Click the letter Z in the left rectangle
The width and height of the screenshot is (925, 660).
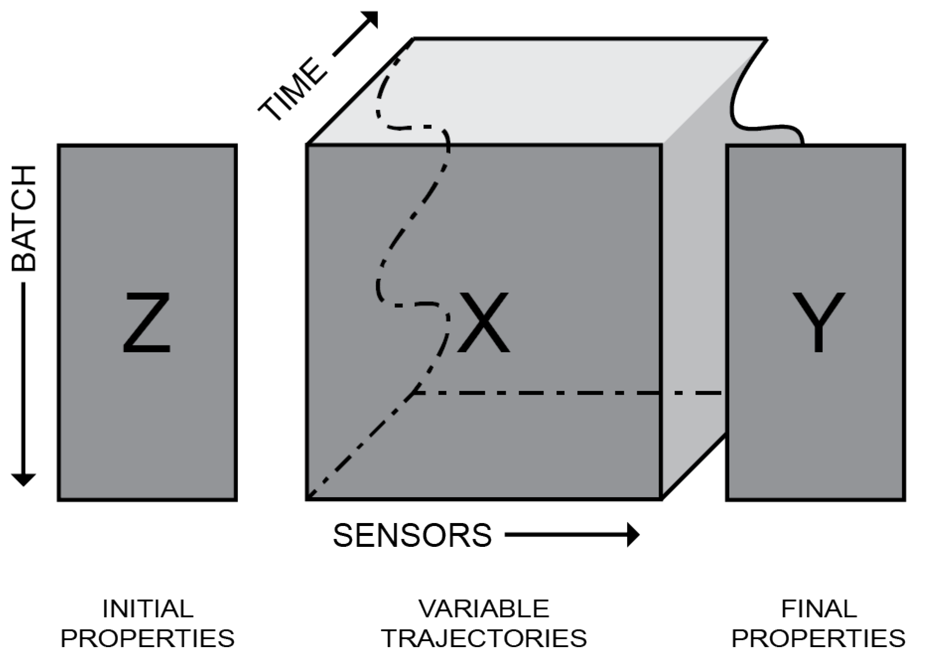(x=146, y=323)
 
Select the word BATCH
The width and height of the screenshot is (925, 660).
(x=24, y=218)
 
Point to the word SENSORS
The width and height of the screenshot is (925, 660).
(x=412, y=535)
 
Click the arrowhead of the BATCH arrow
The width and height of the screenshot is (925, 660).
(x=23, y=479)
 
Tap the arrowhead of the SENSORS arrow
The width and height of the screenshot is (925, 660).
(x=633, y=535)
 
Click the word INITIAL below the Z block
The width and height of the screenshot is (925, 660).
(x=147, y=609)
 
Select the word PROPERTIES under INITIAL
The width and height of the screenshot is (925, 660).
(x=147, y=638)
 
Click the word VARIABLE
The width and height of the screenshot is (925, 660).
(x=484, y=609)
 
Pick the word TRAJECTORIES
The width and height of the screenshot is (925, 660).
(x=484, y=638)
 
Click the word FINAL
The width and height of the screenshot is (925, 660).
(x=819, y=609)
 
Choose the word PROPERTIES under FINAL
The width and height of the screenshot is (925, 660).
(x=819, y=638)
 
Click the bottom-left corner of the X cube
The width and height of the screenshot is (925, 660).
(x=308, y=498)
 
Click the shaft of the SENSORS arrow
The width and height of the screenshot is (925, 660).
(x=566, y=535)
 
